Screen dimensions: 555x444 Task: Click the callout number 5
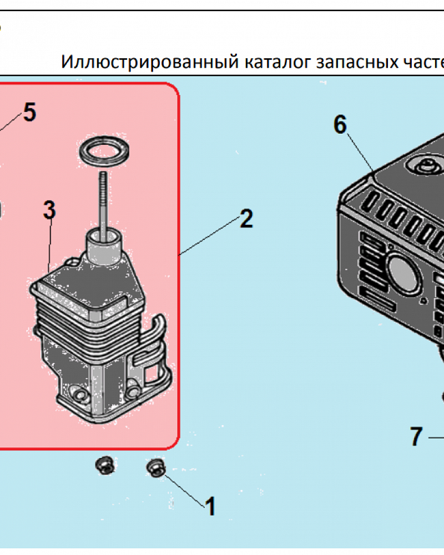(x=29, y=113)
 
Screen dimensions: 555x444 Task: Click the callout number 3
(x=49, y=211)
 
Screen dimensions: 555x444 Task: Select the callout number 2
(x=246, y=219)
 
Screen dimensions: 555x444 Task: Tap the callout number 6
(x=340, y=125)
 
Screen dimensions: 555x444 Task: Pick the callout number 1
(x=210, y=506)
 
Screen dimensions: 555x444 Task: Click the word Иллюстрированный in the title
(x=149, y=61)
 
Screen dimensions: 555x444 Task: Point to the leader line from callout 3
(x=50, y=244)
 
